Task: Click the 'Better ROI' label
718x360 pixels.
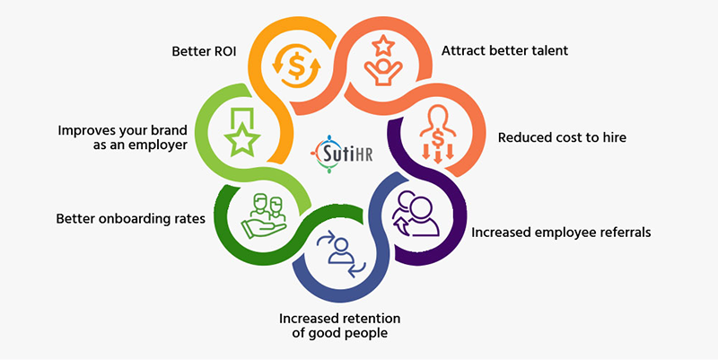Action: coord(204,51)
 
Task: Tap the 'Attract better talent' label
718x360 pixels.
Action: coord(504,50)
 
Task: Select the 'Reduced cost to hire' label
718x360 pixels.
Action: coord(562,137)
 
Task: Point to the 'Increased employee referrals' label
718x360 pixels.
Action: coord(561,233)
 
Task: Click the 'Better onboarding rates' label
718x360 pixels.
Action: coord(130,219)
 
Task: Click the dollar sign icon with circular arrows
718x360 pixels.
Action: coord(296,66)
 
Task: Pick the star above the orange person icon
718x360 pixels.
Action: coord(383,46)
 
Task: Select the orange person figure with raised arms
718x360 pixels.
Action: coord(383,72)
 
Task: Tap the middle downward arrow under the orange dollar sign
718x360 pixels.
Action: coord(438,156)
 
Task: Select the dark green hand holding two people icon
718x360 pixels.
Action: coord(264,216)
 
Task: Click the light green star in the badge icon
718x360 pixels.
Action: coord(242,139)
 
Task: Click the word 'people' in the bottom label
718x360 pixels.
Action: coord(365,333)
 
